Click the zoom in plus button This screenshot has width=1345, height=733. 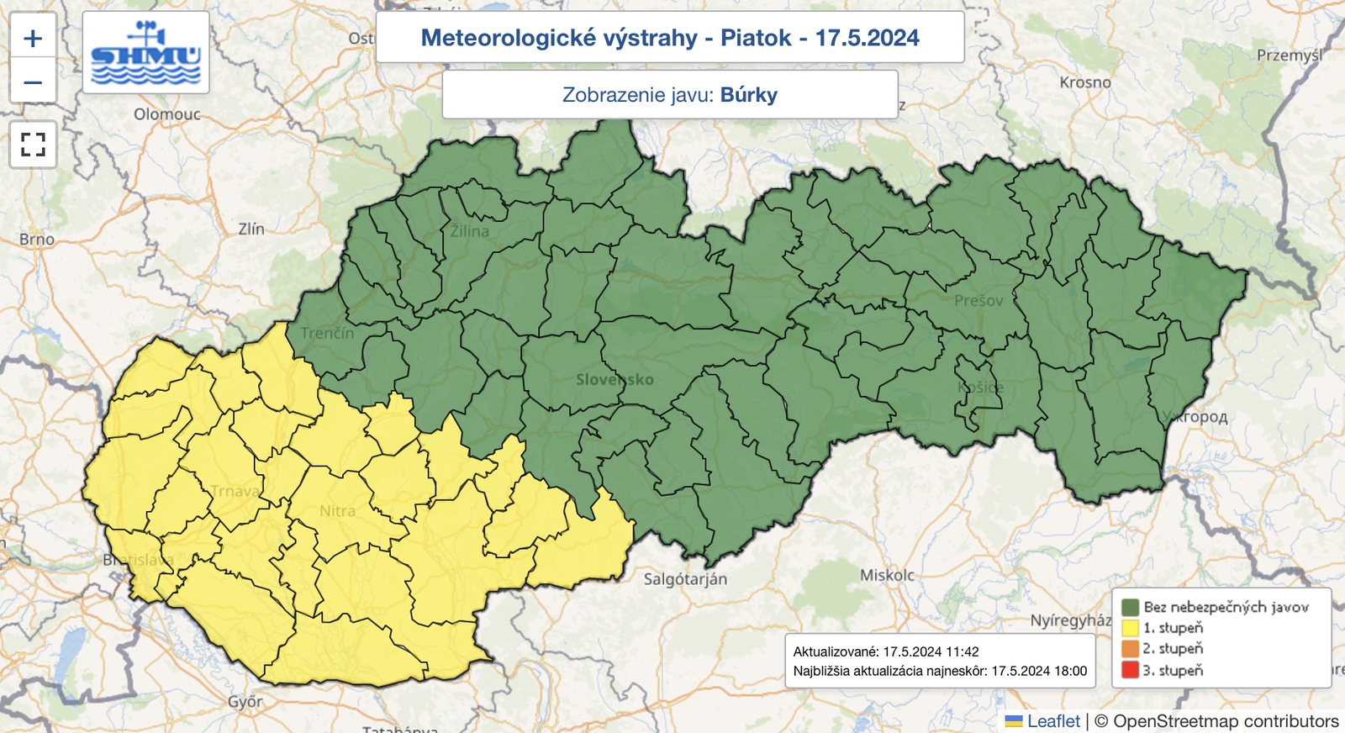33,38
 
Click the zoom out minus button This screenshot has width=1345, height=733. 33,82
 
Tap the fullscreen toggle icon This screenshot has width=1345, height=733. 33,145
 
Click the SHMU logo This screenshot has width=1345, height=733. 146,53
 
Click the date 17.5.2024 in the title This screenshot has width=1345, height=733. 867,38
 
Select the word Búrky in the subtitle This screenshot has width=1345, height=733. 748,95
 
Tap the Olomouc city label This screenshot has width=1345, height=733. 166,114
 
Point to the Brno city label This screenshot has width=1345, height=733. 37,240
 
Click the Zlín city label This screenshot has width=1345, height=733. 251,229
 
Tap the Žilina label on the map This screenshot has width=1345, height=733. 469,231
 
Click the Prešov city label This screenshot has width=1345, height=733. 978,301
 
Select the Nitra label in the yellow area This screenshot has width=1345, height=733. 337,511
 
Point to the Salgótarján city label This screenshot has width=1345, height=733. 685,579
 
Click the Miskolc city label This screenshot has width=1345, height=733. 887,576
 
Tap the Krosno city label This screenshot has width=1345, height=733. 1084,82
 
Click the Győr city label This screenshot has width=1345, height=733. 245,701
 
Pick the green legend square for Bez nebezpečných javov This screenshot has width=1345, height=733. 1130,607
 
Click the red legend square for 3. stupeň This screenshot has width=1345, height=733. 1130,670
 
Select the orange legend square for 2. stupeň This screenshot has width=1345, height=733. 1130,649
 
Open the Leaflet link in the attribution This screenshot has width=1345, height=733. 1052,721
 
